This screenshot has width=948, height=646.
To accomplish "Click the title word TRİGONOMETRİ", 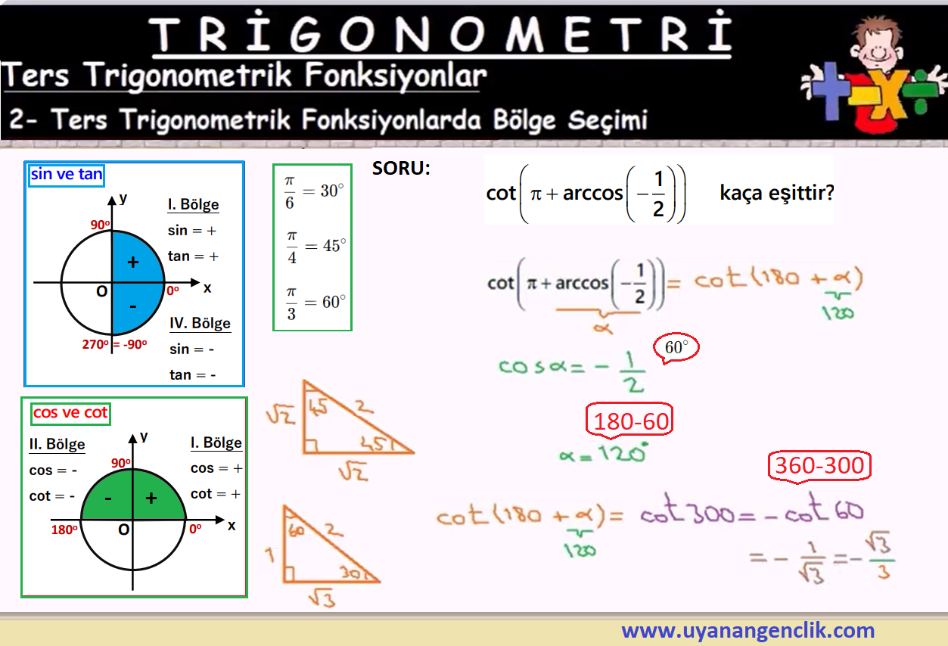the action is click(x=440, y=33).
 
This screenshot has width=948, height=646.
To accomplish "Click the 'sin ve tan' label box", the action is click(x=67, y=175).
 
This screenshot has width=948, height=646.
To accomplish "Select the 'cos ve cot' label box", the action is click(x=70, y=413).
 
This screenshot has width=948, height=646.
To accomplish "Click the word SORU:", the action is click(x=401, y=168).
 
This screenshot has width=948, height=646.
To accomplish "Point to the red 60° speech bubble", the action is click(x=676, y=348).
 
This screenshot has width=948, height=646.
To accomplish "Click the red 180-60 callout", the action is click(x=629, y=421).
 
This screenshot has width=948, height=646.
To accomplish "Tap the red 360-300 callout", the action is click(x=819, y=466).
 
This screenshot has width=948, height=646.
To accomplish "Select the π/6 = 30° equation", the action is click(x=313, y=192).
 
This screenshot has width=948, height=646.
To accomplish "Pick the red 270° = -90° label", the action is click(x=114, y=344).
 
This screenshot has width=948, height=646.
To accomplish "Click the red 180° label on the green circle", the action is click(x=64, y=530).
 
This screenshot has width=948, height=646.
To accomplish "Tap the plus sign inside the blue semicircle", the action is click(x=133, y=262).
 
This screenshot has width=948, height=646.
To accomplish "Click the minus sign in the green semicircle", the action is click(x=108, y=498).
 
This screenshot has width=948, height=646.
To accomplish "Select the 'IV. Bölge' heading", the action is click(x=200, y=324).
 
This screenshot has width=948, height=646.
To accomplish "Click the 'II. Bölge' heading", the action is click(x=58, y=445).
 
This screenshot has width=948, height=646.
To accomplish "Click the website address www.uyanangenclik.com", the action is click(x=748, y=630).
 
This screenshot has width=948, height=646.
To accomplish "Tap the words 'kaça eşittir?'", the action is click(x=777, y=193).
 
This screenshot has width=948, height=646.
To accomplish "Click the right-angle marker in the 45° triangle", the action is click(x=311, y=446).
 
